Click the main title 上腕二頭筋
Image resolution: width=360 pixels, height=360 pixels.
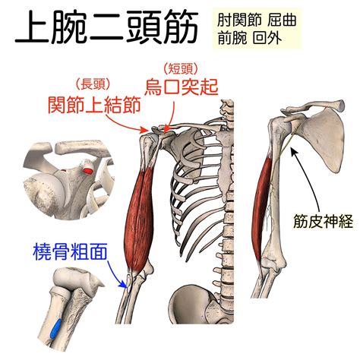click(106, 27)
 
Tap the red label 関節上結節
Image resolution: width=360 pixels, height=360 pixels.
click(94, 105)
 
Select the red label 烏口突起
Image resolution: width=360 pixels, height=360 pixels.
click(182, 87)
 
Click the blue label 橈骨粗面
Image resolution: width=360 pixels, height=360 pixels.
click(70, 251)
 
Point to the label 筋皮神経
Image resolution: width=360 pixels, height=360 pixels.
click(323, 221)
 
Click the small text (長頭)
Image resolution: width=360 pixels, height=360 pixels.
click(93, 84)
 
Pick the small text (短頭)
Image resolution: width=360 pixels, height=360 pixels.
click(180, 68)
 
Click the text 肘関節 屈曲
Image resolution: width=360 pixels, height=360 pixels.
click(257, 20)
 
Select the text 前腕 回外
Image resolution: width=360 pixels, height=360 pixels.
click(250, 39)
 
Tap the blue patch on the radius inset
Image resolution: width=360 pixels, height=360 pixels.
click(55, 328)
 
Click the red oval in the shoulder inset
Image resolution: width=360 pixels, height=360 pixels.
click(87, 171)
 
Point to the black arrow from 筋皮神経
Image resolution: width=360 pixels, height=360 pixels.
click(311, 177)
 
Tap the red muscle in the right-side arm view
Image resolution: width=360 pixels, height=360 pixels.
click(262, 207)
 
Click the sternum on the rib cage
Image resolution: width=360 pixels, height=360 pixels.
click(224, 157)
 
